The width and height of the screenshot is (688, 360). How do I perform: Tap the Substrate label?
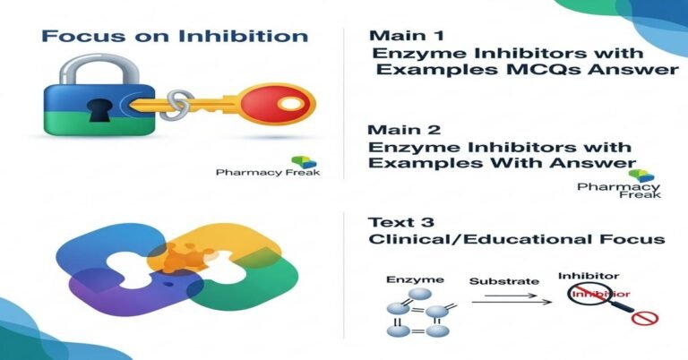(x=505, y=282)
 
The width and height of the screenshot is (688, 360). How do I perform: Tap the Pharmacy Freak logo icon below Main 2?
(x=637, y=175)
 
